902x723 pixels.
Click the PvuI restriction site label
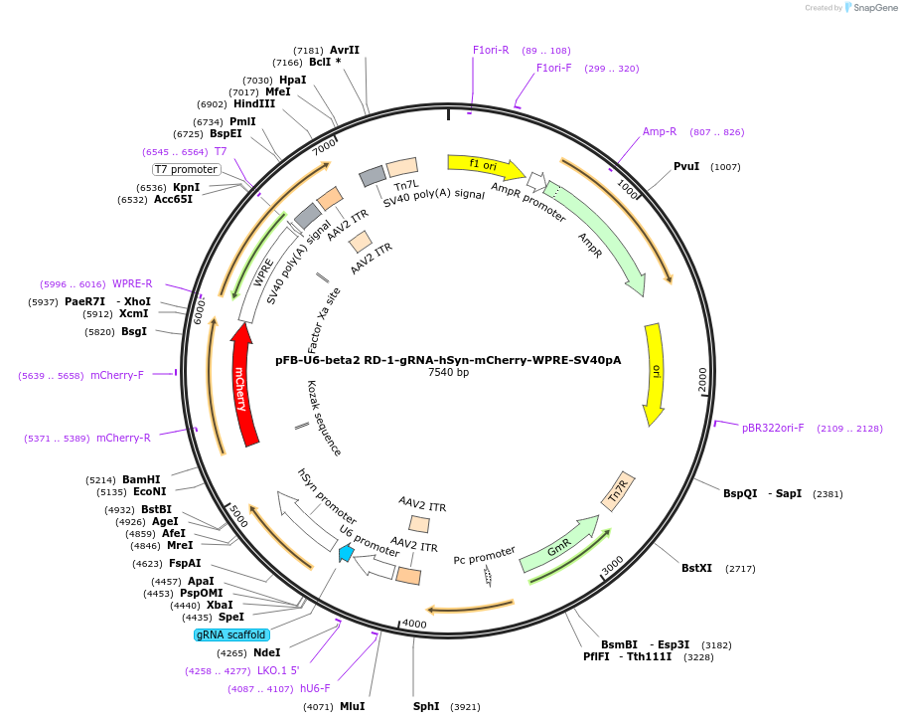point(686,166)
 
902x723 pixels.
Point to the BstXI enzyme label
point(696,568)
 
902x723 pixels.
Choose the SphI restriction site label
point(426,706)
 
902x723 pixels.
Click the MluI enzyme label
point(352,706)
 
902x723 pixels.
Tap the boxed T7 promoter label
point(186,169)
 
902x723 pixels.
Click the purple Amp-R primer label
point(660,131)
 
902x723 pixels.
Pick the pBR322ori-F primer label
point(773,428)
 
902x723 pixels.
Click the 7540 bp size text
point(448,373)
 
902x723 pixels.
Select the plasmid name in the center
point(448,360)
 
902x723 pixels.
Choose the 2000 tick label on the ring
point(702,378)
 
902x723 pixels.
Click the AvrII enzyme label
point(345,49)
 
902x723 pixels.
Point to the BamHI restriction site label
point(141,478)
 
